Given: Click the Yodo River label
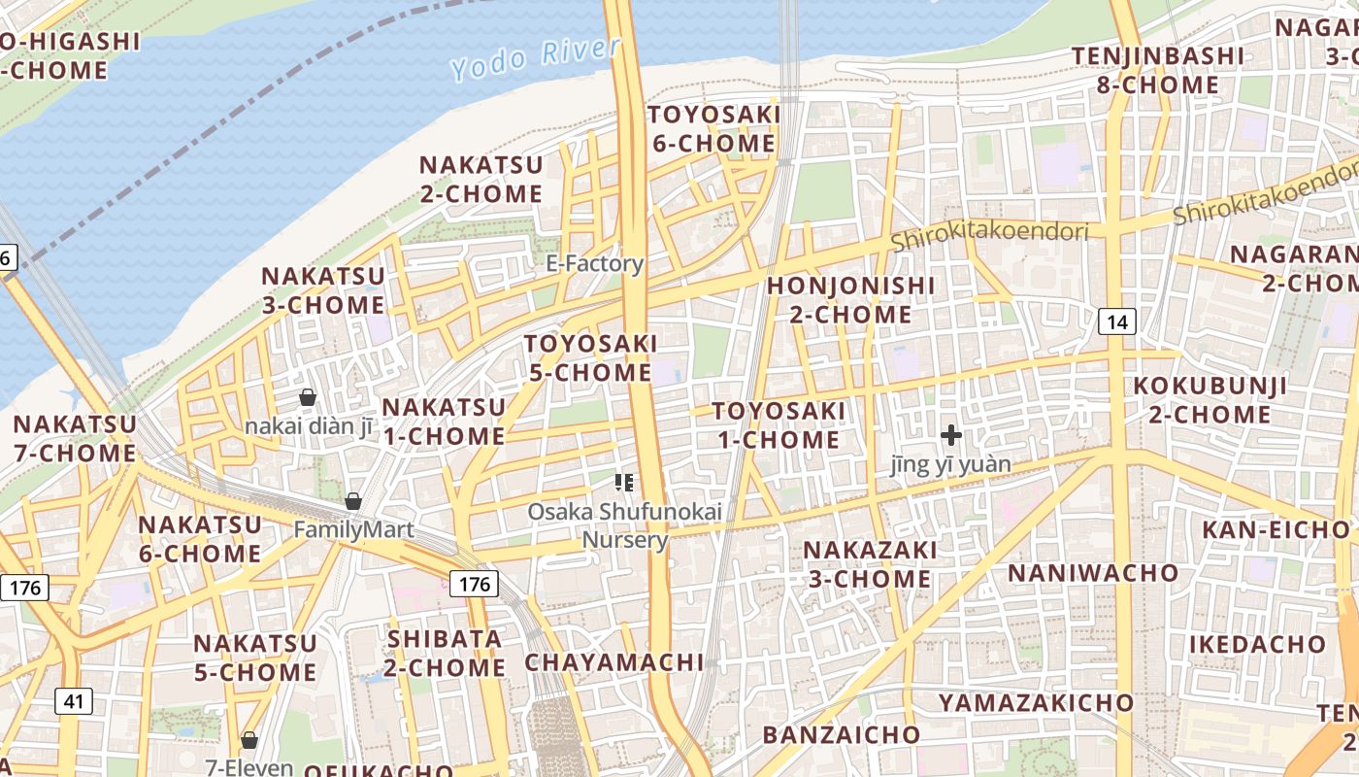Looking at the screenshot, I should [x=536, y=58].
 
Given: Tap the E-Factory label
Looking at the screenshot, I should [x=595, y=263].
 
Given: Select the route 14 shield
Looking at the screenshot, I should [x=1118, y=321].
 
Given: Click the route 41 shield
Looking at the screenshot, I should [x=74, y=700].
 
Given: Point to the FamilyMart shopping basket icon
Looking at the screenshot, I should [x=353, y=501].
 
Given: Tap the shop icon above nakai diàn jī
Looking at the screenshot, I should [x=308, y=397].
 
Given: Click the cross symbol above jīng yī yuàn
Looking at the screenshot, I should [x=951, y=435].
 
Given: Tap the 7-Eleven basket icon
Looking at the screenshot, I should [x=249, y=740].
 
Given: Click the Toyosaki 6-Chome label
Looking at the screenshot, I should [x=713, y=129].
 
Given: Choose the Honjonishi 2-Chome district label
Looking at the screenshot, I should [x=850, y=300].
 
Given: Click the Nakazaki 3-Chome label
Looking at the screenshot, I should [x=870, y=564].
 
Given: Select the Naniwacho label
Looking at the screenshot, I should [x=1093, y=572].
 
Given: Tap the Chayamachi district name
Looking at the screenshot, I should [x=614, y=662].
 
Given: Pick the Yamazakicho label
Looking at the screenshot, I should [x=1036, y=702].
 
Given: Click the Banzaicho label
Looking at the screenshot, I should [x=841, y=734].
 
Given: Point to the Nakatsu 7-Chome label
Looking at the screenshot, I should [x=75, y=439].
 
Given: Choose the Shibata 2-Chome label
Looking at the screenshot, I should [x=446, y=653].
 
